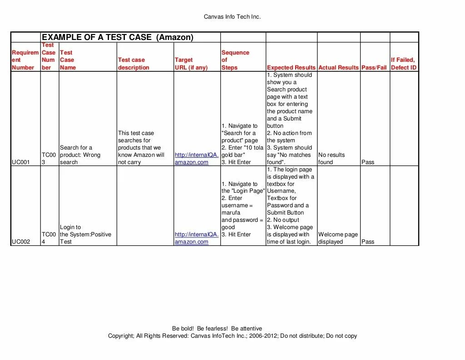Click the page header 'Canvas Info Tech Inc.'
(x=232, y=17)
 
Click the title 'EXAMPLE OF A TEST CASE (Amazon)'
(x=118, y=37)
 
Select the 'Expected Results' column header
(x=291, y=67)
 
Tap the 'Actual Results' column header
(x=338, y=67)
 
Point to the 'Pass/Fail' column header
(x=374, y=67)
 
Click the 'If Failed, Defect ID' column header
(x=403, y=64)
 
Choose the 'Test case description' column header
(x=134, y=64)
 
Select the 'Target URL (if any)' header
(x=191, y=64)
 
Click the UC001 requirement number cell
(x=21, y=162)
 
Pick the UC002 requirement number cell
(x=21, y=242)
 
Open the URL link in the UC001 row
(x=196, y=158)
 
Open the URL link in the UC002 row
(x=196, y=238)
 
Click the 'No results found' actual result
(x=331, y=158)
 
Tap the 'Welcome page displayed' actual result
(x=338, y=238)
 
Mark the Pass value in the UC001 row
(x=368, y=162)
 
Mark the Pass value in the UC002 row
(x=368, y=242)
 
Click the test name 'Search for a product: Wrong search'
(x=80, y=155)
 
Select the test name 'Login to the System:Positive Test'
(x=85, y=235)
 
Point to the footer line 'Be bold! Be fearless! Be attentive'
(x=217, y=328)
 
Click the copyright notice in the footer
(x=232, y=336)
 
